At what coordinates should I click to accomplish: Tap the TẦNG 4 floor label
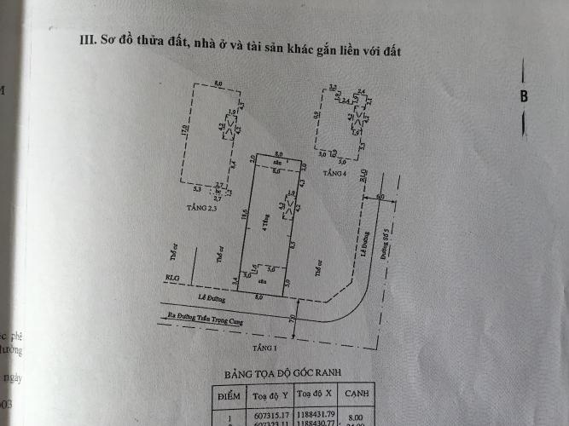tap(334, 173)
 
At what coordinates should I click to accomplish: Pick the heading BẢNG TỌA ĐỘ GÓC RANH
tap(281, 375)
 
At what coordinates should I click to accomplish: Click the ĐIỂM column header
tap(230, 396)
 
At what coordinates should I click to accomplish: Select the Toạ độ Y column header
tap(271, 396)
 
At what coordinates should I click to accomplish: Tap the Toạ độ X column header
tap(317, 396)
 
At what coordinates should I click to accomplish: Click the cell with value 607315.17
tap(271, 417)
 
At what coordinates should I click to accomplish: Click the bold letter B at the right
tap(523, 96)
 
